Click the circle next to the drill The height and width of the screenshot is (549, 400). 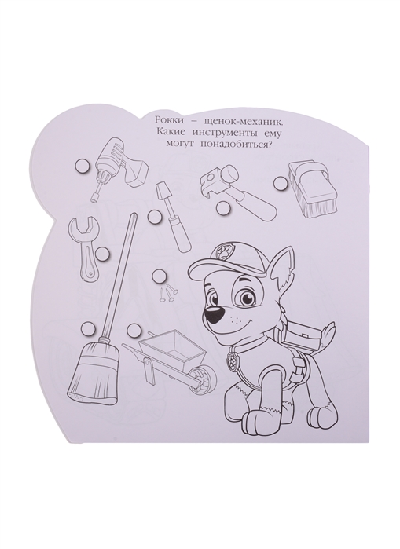[83, 165]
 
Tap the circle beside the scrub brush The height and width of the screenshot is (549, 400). [281, 183]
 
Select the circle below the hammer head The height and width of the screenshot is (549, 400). [222, 207]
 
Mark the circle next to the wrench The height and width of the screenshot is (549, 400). [102, 252]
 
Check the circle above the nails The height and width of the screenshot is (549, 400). [162, 275]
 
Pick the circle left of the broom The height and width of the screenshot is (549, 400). [87, 329]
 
